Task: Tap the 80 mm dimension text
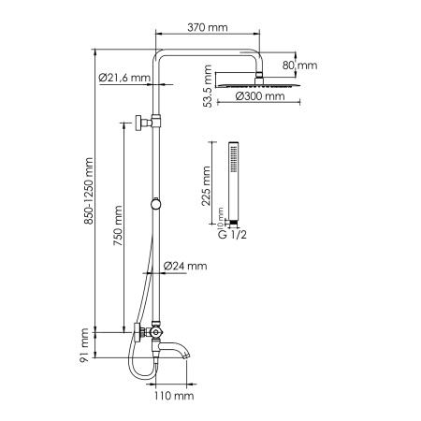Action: click(x=306, y=65)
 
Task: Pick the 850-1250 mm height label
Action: click(x=90, y=195)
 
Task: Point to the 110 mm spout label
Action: click(x=175, y=397)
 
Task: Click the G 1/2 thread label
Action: click(x=224, y=231)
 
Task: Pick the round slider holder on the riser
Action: click(x=157, y=205)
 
